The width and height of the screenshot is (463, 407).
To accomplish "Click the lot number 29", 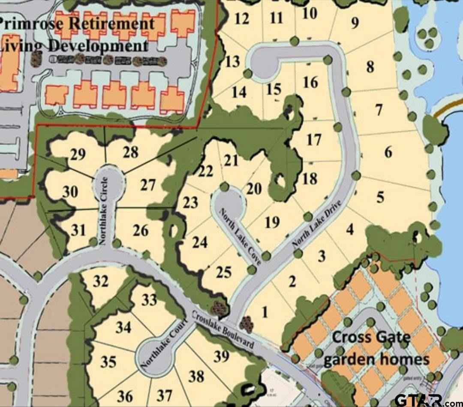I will coord(78,154).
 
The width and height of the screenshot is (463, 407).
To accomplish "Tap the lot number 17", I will coord(314,140).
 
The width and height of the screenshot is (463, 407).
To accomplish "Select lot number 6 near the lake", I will coord(388,152).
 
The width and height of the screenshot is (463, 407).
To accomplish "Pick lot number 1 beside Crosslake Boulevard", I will coord(265,312).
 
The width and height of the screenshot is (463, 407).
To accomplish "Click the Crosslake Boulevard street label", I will coord(222,329).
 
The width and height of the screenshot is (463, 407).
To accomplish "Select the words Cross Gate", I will coord(371,337).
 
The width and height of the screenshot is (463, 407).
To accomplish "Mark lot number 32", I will coord(101,282).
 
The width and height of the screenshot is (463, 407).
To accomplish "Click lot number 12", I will coord(242,19).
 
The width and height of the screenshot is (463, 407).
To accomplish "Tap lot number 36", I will coord(125,395).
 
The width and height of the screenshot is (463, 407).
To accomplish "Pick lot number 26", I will coord(140,231).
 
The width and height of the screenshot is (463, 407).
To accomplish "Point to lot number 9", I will coord(355,23).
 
